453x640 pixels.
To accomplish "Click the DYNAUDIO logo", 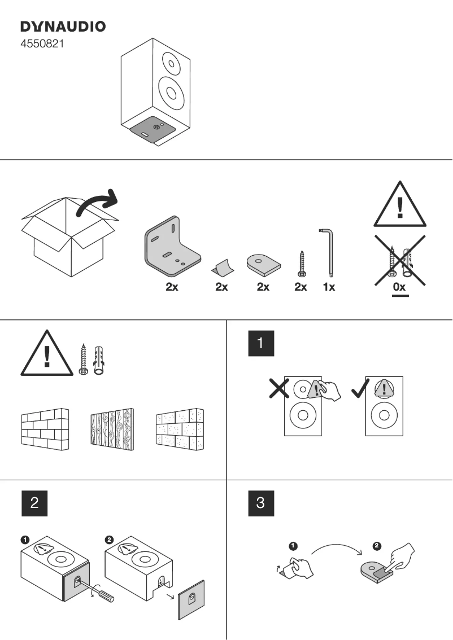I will [63, 27].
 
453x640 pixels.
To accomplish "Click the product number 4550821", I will [42, 43].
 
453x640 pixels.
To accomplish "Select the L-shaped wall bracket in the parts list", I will [171, 247].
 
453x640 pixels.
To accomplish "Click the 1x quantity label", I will [329, 287].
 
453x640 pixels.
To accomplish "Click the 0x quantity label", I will [399, 287].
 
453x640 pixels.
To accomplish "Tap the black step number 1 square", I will [261, 344].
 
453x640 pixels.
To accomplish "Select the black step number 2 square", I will [34, 503].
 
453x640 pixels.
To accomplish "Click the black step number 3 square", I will [261, 503].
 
